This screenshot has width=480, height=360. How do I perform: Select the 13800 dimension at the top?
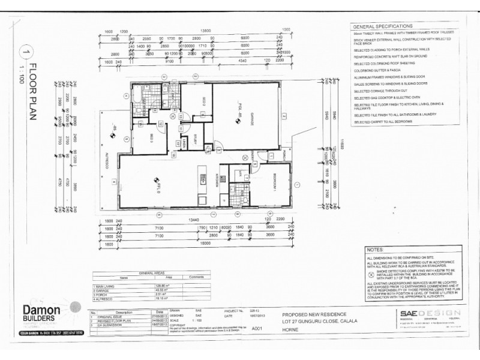coord(208,30)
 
